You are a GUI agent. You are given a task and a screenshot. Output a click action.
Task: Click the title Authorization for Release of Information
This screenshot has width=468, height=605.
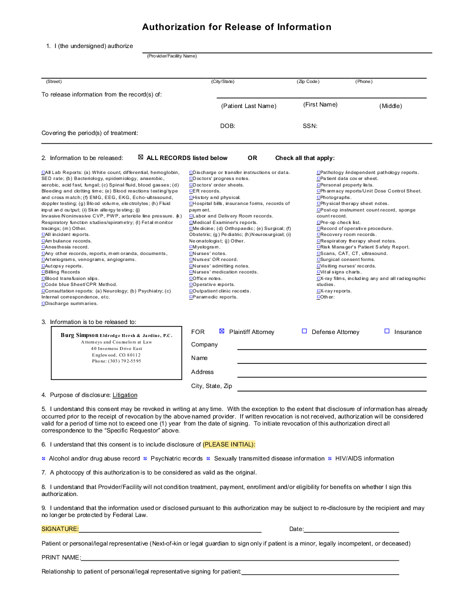(236, 27)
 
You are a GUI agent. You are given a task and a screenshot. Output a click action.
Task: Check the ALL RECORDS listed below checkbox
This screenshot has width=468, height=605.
(141, 157)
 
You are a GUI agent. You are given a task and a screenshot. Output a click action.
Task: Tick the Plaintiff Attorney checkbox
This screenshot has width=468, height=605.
(222, 331)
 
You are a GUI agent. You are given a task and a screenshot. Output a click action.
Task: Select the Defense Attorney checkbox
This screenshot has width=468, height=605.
(304, 331)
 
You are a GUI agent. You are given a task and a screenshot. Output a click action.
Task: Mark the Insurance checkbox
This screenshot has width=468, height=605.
(387, 331)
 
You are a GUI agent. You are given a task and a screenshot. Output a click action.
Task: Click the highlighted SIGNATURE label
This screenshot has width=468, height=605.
(60, 529)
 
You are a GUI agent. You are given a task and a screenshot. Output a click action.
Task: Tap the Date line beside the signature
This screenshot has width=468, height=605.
(351, 529)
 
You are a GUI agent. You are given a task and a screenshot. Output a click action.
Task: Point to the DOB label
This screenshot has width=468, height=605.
(228, 126)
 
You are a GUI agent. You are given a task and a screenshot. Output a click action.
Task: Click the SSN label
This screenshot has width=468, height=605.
(310, 126)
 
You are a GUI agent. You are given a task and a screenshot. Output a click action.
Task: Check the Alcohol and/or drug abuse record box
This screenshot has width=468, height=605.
(44, 458)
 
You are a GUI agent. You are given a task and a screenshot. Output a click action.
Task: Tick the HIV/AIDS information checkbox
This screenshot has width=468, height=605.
(330, 458)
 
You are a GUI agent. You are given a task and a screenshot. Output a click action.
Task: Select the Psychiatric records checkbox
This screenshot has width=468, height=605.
(145, 458)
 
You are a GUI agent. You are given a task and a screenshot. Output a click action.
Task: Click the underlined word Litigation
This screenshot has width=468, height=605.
(125, 395)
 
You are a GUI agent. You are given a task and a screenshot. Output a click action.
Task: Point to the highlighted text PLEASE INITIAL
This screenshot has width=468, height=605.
(229, 444)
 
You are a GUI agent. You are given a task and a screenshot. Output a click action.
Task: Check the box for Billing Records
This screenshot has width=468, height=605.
(43, 272)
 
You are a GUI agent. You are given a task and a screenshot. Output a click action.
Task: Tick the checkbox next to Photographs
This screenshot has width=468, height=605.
(318, 197)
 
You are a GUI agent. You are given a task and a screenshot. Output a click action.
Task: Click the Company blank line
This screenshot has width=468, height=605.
(331, 345)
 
